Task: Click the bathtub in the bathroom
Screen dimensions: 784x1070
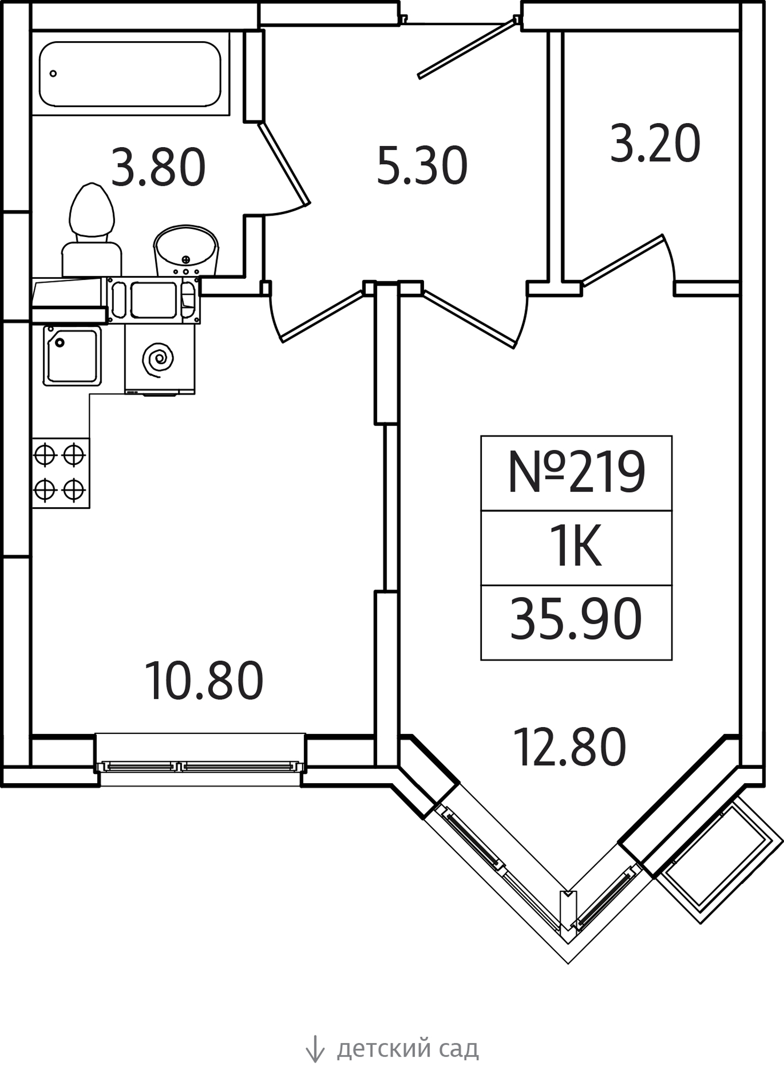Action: tap(130, 74)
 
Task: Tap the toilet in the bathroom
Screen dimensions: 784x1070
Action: tap(92, 230)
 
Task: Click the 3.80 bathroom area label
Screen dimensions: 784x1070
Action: tap(158, 167)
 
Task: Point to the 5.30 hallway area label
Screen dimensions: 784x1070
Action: tap(422, 166)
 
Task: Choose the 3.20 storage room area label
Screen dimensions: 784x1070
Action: tap(655, 143)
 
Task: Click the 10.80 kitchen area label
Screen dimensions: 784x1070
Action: tap(204, 681)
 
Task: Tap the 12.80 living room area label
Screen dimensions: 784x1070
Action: tap(570, 747)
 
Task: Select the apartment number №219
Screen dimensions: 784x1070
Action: tap(577, 472)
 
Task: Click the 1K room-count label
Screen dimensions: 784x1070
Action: tap(577, 547)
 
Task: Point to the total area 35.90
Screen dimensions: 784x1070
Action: tap(576, 620)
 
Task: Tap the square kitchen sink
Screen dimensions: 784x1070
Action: tap(72, 356)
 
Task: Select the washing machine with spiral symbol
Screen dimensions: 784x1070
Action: tap(159, 359)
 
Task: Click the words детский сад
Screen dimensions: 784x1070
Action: tap(408, 1049)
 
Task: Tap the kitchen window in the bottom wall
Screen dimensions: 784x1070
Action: tap(200, 767)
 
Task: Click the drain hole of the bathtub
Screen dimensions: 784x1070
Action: tap(53, 73)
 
